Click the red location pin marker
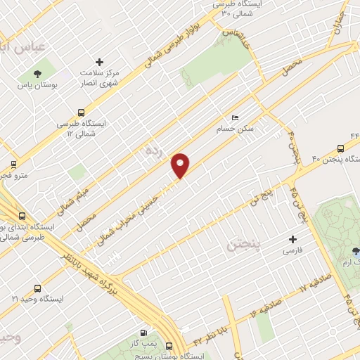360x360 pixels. click(x=181, y=165)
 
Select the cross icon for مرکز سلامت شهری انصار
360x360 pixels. click(x=99, y=63)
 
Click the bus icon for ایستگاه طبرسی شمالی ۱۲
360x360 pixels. click(x=82, y=112)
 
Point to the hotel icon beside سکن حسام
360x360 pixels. click(x=235, y=118)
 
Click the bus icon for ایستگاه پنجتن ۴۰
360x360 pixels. click(x=340, y=148)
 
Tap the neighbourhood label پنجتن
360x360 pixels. click(x=244, y=246)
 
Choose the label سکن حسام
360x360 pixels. click(x=253, y=129)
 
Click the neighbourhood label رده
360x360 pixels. click(x=154, y=150)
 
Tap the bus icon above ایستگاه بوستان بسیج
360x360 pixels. click(x=169, y=346)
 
